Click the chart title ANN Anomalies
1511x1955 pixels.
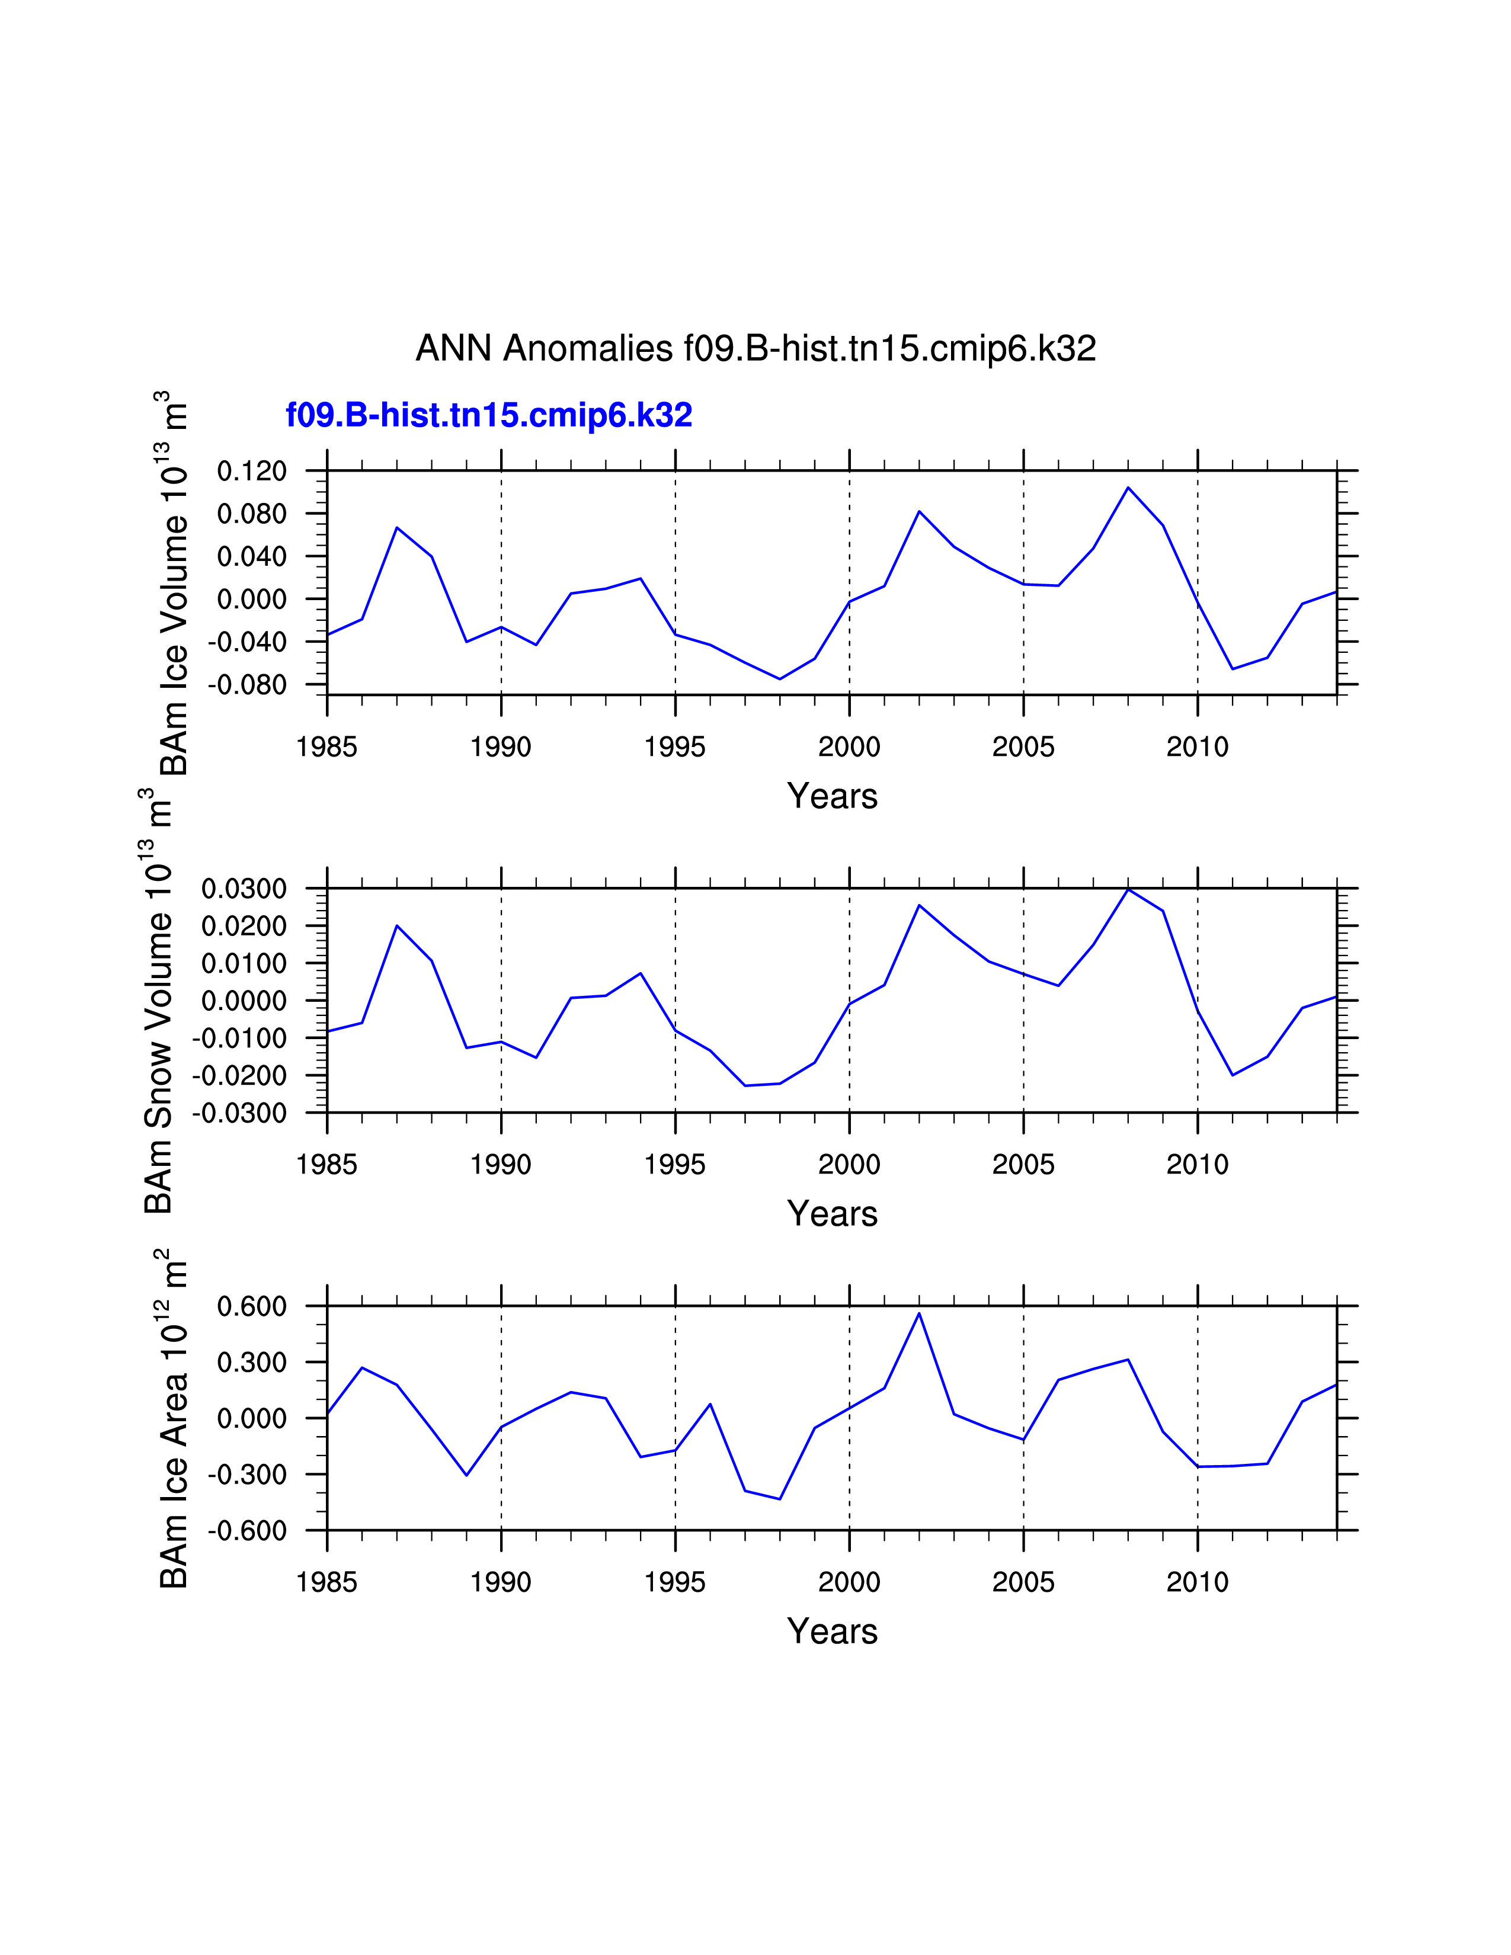[x=755, y=348]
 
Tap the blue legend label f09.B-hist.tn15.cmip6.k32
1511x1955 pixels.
[x=489, y=415]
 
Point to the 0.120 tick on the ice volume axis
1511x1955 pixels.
[x=251, y=471]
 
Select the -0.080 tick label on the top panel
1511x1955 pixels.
[x=247, y=685]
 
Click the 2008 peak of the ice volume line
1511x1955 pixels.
[x=1128, y=488]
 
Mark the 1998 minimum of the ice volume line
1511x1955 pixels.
[x=780, y=678]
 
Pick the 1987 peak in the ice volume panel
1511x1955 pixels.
[x=396, y=527]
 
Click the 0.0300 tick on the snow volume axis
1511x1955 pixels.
[x=244, y=889]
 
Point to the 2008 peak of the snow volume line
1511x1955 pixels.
[x=1128, y=889]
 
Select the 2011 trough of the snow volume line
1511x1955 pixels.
[x=1233, y=1075]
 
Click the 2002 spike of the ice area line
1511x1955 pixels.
[x=918, y=1313]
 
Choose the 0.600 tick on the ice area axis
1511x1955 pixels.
[x=251, y=1307]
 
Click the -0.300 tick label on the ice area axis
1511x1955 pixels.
[x=247, y=1475]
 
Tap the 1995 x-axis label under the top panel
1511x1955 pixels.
[x=675, y=746]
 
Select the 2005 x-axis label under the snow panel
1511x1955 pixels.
[x=1023, y=1165]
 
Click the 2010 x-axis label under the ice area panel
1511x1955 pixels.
[x=1197, y=1582]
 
